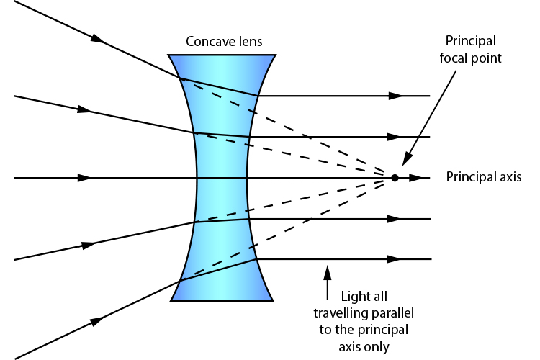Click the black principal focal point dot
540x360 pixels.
pos(395,177)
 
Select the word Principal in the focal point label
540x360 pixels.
pos(471,40)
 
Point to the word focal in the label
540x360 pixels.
pos(455,58)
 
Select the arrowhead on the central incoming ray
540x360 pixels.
pos(85,177)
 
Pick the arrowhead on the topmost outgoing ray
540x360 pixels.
pos(394,96)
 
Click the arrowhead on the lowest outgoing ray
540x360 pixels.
pos(394,258)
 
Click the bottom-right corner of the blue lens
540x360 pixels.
pos(273,300)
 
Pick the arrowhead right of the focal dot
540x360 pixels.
pos(415,177)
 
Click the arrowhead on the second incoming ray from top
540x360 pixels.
pos(85,110)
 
